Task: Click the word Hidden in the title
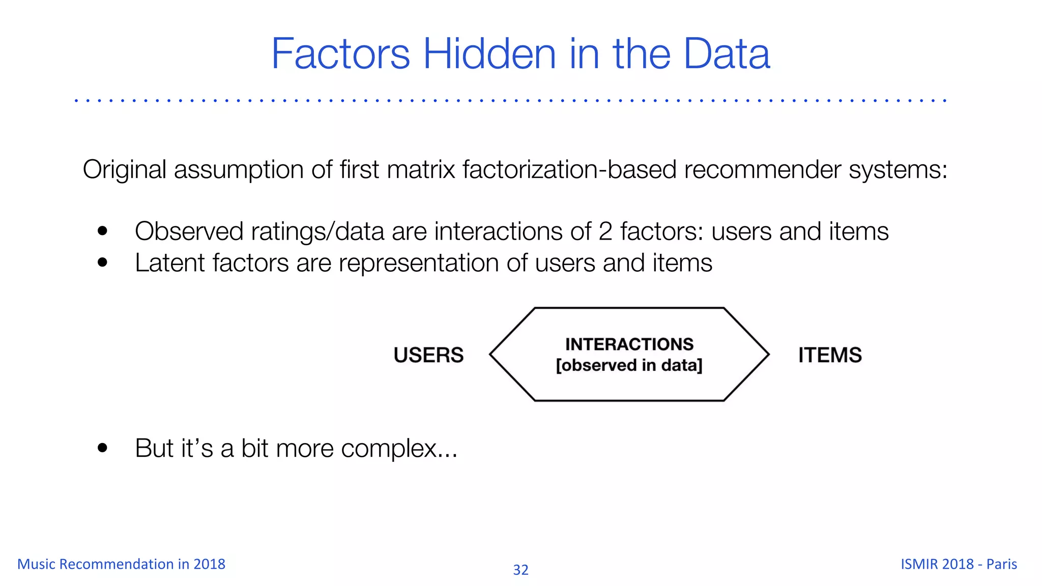489,54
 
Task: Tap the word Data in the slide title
726,54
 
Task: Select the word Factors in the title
340,54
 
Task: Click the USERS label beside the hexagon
428,355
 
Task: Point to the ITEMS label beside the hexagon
830,355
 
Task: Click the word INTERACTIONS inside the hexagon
629,344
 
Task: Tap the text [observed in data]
629,365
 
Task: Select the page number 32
520,570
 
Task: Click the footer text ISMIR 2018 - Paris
959,564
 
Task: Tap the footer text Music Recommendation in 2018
121,564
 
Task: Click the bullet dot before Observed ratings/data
103,231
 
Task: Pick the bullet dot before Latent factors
103,262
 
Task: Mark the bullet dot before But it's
103,448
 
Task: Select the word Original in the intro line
125,169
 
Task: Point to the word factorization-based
569,169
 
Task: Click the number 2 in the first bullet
605,231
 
